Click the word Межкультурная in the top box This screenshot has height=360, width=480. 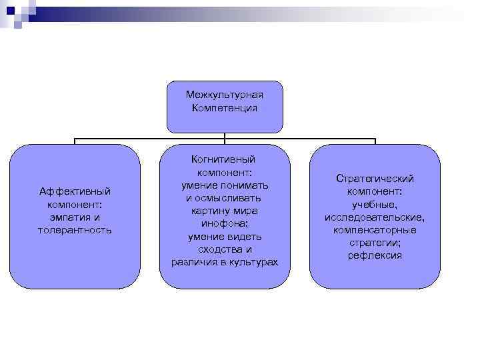pos(225,95)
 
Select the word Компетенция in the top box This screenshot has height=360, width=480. pos(225,107)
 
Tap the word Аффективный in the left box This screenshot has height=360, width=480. pos(75,191)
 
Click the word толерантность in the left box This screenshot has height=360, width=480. pos(75,230)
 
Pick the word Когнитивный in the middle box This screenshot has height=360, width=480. pos(225,159)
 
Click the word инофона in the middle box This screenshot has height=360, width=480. pos(224,224)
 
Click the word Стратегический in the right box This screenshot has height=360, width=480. pos(375,179)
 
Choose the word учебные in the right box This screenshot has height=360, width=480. pos(374,205)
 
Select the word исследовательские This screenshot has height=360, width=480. pos(375,217)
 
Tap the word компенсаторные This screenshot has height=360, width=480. pos(375,230)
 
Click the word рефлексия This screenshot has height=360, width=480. pos(375,255)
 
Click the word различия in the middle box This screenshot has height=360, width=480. pos(193,262)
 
